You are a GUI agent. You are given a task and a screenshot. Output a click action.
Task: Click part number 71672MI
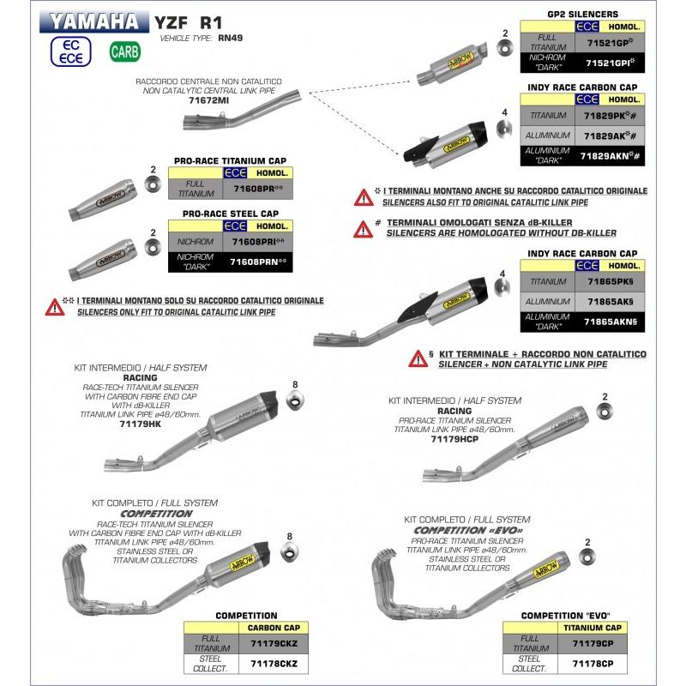[x=209, y=100]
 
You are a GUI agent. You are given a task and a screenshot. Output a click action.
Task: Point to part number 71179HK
[x=141, y=423]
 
